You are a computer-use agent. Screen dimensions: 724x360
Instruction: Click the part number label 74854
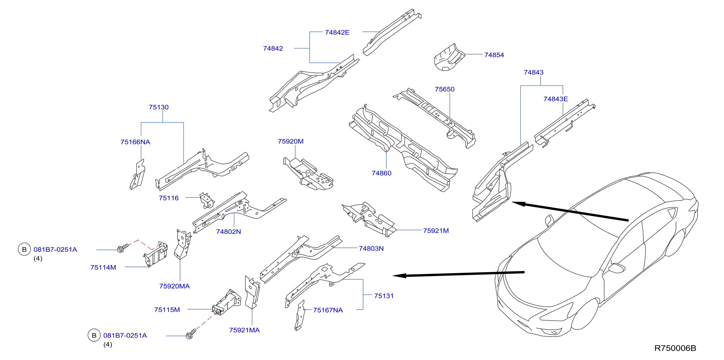coord(494,55)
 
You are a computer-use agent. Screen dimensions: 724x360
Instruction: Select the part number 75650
coord(445,89)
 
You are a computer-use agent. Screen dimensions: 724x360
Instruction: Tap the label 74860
coord(381,173)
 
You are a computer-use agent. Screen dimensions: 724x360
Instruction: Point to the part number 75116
coord(169,198)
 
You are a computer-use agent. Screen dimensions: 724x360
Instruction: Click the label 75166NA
coord(135,142)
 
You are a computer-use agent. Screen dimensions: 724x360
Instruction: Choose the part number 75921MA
coord(244,330)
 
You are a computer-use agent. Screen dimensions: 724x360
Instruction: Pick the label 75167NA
coord(328,310)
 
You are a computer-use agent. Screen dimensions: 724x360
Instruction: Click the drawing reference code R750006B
coord(675,348)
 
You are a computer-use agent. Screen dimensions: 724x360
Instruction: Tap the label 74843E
coord(556,99)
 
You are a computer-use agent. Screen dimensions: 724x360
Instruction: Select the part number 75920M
coord(291,141)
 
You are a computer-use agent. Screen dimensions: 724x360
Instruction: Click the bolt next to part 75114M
coord(123,248)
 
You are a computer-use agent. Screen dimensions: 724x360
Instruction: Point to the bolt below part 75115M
coord(191,334)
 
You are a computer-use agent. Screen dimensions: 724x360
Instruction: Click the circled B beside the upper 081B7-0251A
coord(25,249)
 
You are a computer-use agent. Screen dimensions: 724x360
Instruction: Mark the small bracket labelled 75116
coord(207,200)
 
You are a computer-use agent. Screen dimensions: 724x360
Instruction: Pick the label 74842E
coord(337,32)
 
